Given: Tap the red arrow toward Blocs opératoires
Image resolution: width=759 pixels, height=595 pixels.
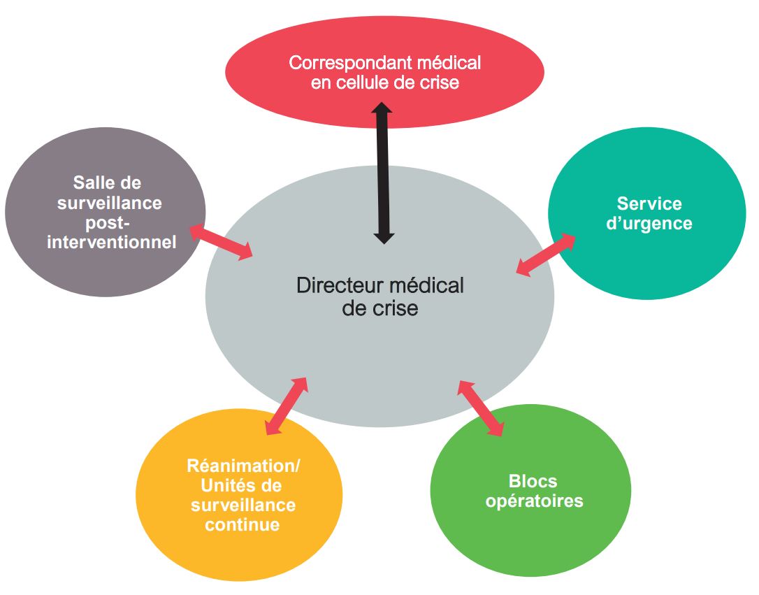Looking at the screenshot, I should [x=481, y=408].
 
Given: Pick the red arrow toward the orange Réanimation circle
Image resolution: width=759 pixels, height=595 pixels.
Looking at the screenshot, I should [x=287, y=406].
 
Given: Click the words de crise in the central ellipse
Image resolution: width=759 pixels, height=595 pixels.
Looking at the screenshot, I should [x=380, y=308].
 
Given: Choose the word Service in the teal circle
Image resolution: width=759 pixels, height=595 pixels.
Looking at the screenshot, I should [x=649, y=203].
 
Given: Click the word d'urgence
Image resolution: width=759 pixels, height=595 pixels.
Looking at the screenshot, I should [x=649, y=224].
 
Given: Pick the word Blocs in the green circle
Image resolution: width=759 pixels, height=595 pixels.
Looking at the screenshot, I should [x=533, y=482].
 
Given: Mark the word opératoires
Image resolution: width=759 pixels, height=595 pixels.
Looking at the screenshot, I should [x=534, y=501].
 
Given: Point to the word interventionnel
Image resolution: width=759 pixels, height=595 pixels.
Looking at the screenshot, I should [x=112, y=242].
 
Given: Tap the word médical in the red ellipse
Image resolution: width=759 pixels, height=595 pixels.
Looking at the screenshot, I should [x=449, y=63].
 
